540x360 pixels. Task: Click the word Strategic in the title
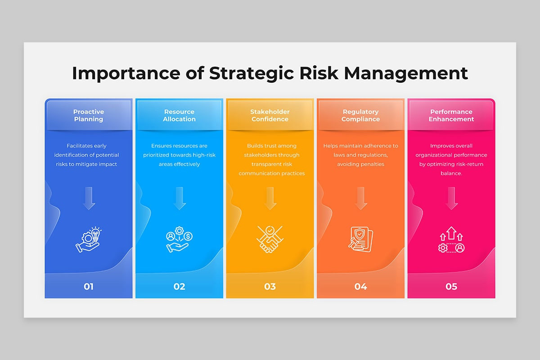point(252,73)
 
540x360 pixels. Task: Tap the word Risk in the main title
point(319,73)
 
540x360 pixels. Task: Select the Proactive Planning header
point(89,115)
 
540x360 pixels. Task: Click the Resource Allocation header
point(179,115)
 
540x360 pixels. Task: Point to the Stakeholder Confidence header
point(270,115)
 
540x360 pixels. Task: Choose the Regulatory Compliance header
point(360,115)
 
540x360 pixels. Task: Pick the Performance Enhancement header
point(451,115)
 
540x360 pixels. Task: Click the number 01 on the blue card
point(89,287)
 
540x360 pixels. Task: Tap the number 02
point(179,287)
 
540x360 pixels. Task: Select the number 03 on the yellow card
point(270,287)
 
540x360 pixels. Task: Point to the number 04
point(360,287)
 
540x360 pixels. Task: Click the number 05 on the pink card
point(451,287)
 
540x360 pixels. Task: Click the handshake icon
point(270,239)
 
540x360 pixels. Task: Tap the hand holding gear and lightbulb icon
point(89,239)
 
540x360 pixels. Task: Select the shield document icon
point(360,239)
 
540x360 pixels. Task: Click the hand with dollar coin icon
point(179,239)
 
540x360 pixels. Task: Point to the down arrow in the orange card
point(361,198)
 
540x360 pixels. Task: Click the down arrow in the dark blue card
point(89,198)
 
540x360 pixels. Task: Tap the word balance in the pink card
point(450,173)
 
